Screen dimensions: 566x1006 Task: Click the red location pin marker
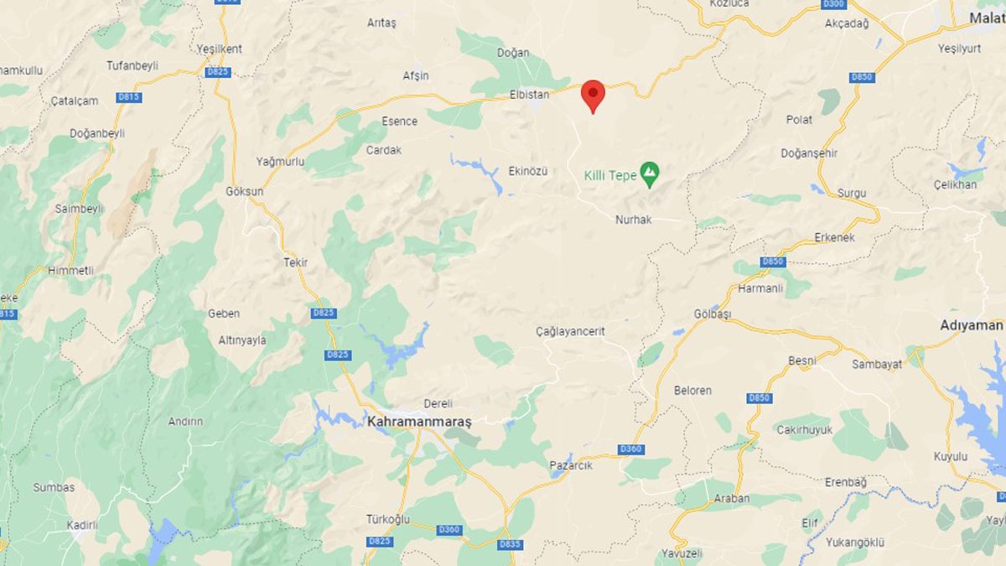click(x=593, y=95)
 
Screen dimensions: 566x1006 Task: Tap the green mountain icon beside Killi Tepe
click(x=649, y=175)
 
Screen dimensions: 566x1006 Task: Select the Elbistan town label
click(x=529, y=95)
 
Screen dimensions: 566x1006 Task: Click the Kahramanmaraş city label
click(x=419, y=422)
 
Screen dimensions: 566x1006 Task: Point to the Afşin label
click(x=416, y=75)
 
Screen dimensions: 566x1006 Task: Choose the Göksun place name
click(x=244, y=191)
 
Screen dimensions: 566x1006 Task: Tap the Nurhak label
click(x=633, y=220)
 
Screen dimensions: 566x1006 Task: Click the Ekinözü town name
click(x=527, y=171)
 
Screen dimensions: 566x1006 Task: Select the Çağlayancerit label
click(x=570, y=331)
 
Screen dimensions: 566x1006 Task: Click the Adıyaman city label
click(x=971, y=325)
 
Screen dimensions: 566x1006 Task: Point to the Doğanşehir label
click(x=809, y=153)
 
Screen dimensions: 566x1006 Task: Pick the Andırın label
click(x=185, y=422)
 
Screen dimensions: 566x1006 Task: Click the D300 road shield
click(x=832, y=3)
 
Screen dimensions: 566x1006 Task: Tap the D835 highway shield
click(x=510, y=544)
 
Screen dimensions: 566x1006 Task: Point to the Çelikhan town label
click(x=954, y=184)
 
